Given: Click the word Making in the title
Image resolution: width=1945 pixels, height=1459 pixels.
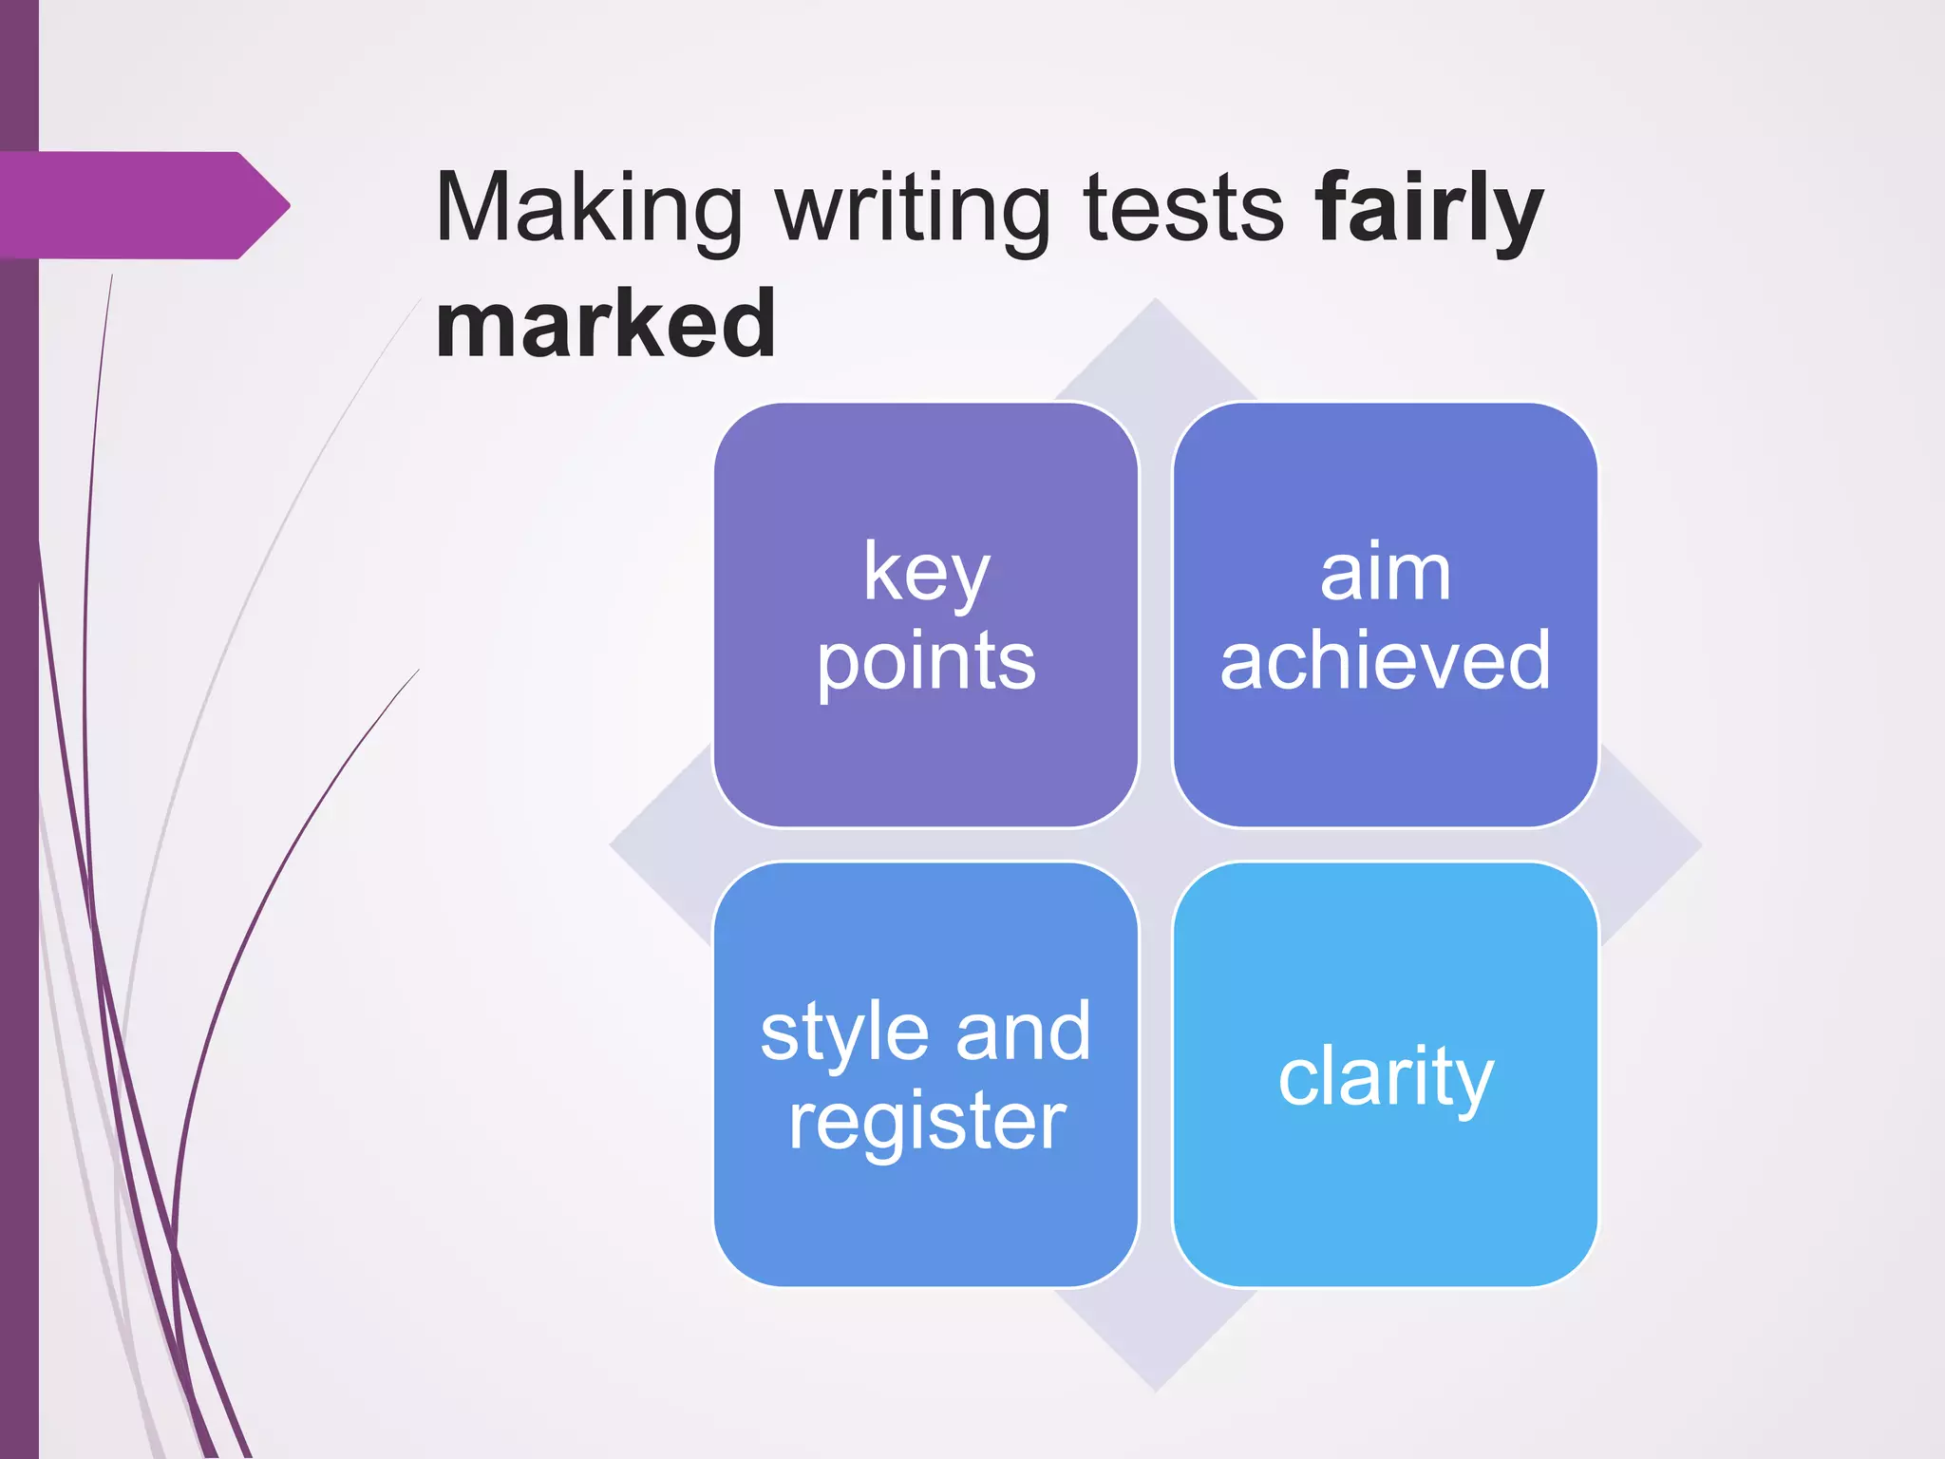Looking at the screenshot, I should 589,209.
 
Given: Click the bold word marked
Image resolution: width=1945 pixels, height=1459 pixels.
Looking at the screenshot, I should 606,325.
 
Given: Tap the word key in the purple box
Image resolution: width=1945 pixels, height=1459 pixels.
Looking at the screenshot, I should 926,573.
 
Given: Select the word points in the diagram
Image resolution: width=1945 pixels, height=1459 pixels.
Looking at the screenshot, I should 926,662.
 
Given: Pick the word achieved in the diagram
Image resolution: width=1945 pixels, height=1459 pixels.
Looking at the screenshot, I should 1386,660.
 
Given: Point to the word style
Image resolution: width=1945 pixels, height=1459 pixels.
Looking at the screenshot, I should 845,1033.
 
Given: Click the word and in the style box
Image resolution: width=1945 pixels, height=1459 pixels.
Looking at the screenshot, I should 1023,1032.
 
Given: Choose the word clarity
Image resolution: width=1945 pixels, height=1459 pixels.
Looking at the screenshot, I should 1386,1078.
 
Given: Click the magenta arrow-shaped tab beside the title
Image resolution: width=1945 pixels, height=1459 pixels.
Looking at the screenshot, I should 142,205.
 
